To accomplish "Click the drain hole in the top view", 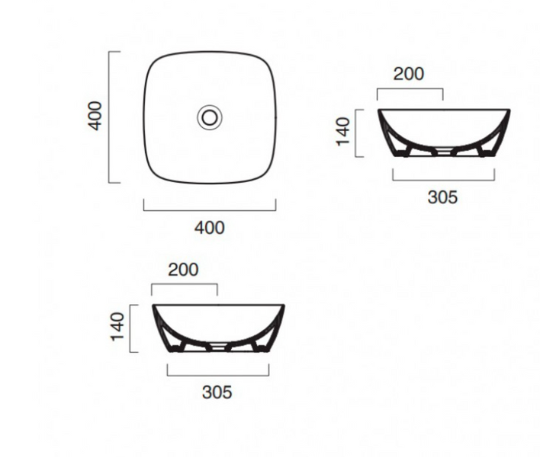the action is [x=210, y=117].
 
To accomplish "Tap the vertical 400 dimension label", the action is [x=95, y=116].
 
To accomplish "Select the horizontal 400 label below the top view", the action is [x=210, y=228].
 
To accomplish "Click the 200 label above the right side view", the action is [x=409, y=74].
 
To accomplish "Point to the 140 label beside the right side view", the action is [x=343, y=132].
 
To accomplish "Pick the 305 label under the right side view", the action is [x=442, y=197].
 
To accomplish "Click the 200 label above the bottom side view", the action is [x=183, y=270].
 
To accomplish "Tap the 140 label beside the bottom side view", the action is [x=117, y=327].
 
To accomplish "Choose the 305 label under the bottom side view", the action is [x=217, y=392].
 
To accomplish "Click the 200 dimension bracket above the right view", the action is [x=410, y=89].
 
